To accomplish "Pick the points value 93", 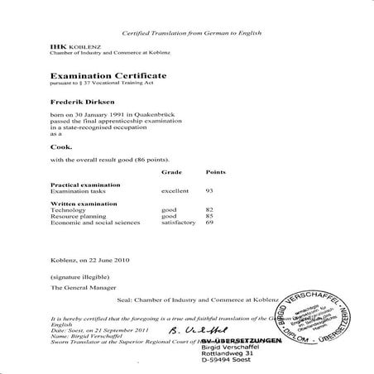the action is click(210, 191).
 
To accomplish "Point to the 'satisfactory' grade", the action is click(179, 223).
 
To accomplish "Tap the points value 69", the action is click(210, 223).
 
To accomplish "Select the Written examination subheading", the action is click(84, 204).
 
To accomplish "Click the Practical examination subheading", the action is click(85, 185).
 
